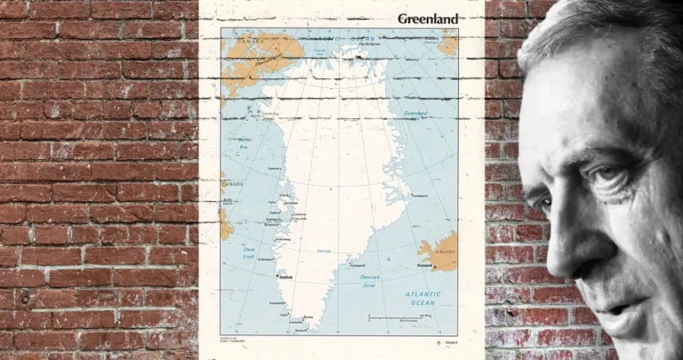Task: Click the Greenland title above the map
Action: [x=428, y=19]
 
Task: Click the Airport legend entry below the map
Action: [x=448, y=344]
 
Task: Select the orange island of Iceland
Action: [x=439, y=252]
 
